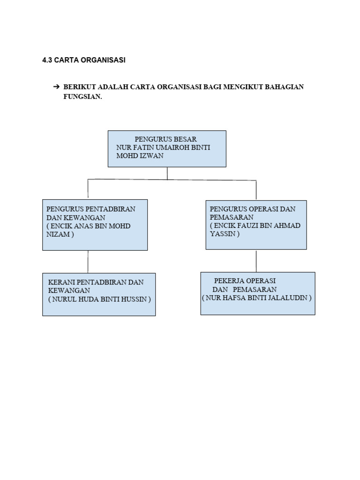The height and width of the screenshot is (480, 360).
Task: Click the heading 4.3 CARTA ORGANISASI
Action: click(x=84, y=60)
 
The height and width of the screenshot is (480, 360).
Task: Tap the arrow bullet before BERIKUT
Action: click(x=55, y=87)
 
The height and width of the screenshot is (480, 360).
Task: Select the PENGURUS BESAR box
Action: click(x=167, y=149)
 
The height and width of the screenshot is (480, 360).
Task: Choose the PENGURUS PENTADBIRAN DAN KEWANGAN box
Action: click(x=95, y=225)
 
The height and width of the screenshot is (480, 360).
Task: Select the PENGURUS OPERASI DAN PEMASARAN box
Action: click(x=256, y=225)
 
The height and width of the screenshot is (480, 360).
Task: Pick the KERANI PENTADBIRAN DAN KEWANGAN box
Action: click(x=99, y=294)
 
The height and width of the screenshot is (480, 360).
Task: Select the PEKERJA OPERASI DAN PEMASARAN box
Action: click(x=257, y=293)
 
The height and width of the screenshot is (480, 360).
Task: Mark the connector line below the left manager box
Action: click(x=88, y=262)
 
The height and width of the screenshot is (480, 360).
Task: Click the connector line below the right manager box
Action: click(x=256, y=261)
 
